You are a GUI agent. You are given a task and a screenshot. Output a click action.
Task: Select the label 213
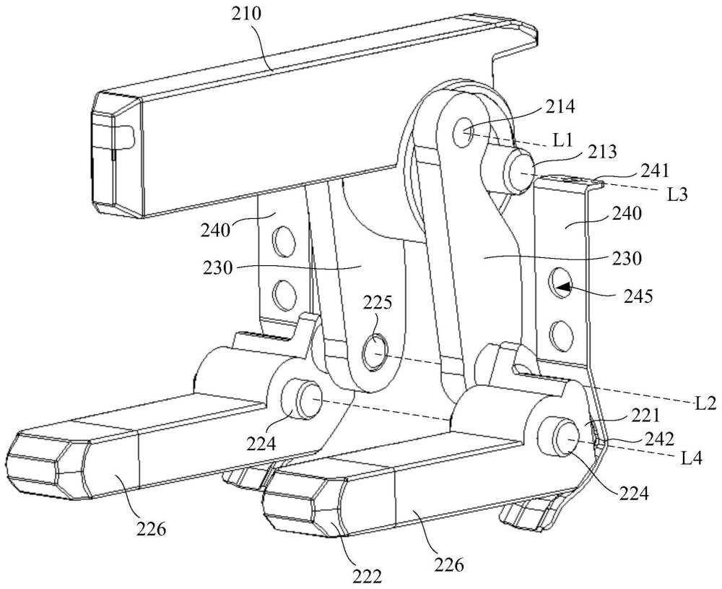click(602, 152)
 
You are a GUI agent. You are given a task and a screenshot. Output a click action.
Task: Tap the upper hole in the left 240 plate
click(283, 239)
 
